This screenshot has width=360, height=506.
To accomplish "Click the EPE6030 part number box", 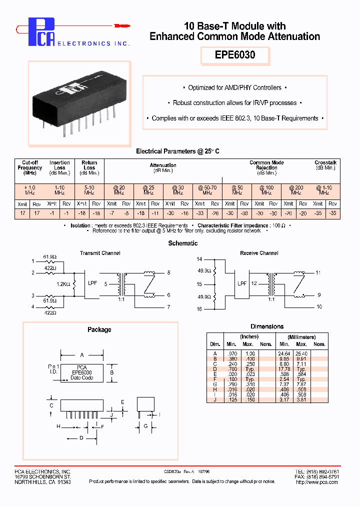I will click(235, 55).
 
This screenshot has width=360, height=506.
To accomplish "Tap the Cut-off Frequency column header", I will click(29, 168).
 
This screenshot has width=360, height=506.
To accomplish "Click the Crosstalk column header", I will click(325, 165).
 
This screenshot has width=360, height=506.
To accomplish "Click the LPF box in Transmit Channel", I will click(93, 283).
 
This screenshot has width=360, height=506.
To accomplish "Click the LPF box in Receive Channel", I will click(242, 283).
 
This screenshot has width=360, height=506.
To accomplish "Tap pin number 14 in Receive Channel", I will click(199, 259).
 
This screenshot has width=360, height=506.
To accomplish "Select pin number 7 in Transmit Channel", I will click(168, 306).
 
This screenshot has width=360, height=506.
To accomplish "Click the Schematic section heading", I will click(182, 243).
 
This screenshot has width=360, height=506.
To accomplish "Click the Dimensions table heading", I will click(266, 326).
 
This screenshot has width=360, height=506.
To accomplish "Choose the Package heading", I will click(99, 329).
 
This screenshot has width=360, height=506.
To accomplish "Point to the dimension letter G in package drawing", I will click(145, 426).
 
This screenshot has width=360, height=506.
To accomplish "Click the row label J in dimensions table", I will click(214, 400).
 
